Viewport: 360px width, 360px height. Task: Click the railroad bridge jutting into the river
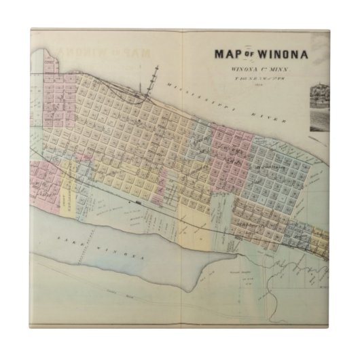157,78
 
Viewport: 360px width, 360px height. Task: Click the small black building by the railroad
139,202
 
